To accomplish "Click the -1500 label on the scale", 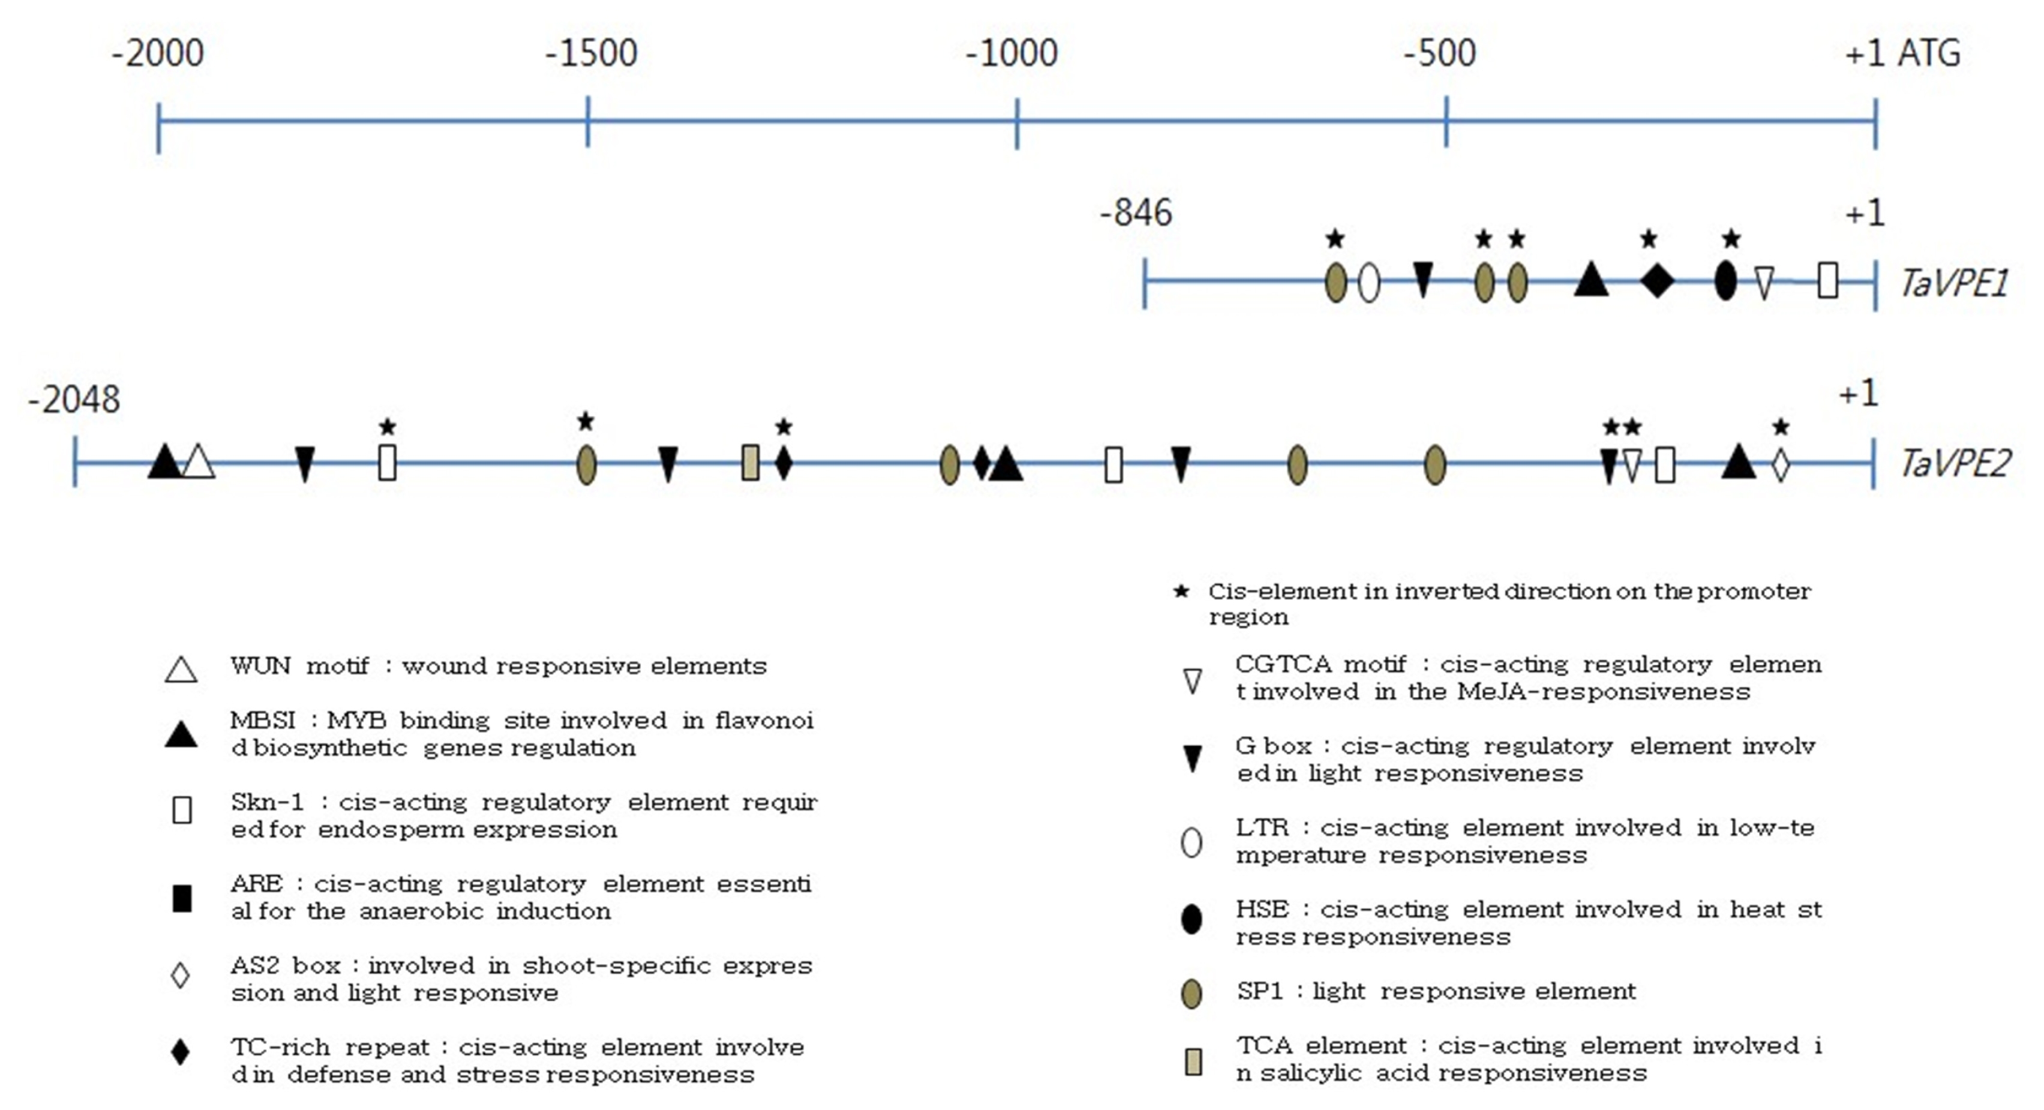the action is point(591,53).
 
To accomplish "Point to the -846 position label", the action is point(1136,212).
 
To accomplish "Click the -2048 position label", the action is point(74,399).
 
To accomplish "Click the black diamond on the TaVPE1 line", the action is point(1657,280).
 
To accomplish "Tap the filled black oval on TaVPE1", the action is point(1725,280).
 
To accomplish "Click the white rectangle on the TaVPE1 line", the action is point(1827,280).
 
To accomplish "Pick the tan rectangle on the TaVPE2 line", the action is point(750,463).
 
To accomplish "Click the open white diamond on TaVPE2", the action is point(1781,464).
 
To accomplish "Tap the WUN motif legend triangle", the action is point(181,670).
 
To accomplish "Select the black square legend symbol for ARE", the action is point(182,898).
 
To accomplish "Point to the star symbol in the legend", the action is point(1181,591).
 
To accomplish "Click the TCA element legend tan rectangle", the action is point(1193,1061).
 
